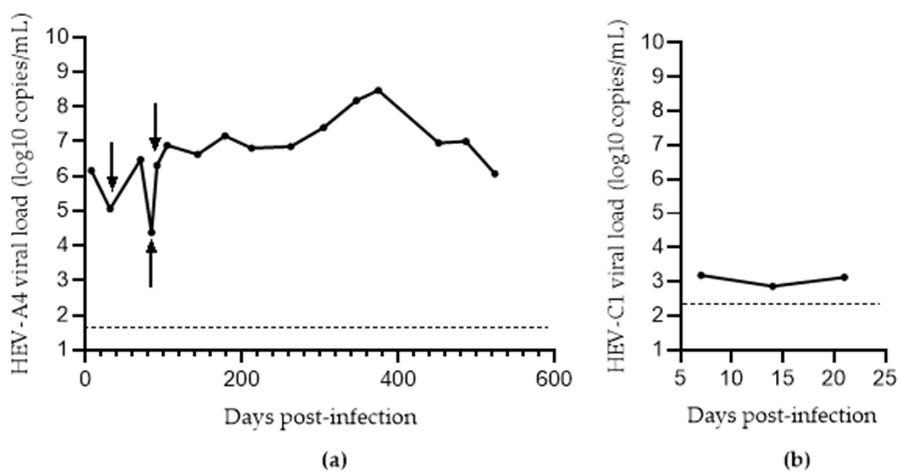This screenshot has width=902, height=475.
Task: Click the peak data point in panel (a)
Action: pos(378,90)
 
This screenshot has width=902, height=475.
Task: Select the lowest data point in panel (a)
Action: pos(151,233)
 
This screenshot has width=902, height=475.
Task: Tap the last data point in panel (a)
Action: pos(495,174)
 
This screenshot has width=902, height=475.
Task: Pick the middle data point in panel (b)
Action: pos(773,286)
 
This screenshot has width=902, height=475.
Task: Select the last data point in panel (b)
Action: pos(844,277)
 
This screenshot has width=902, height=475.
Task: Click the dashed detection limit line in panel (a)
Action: pos(315,328)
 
